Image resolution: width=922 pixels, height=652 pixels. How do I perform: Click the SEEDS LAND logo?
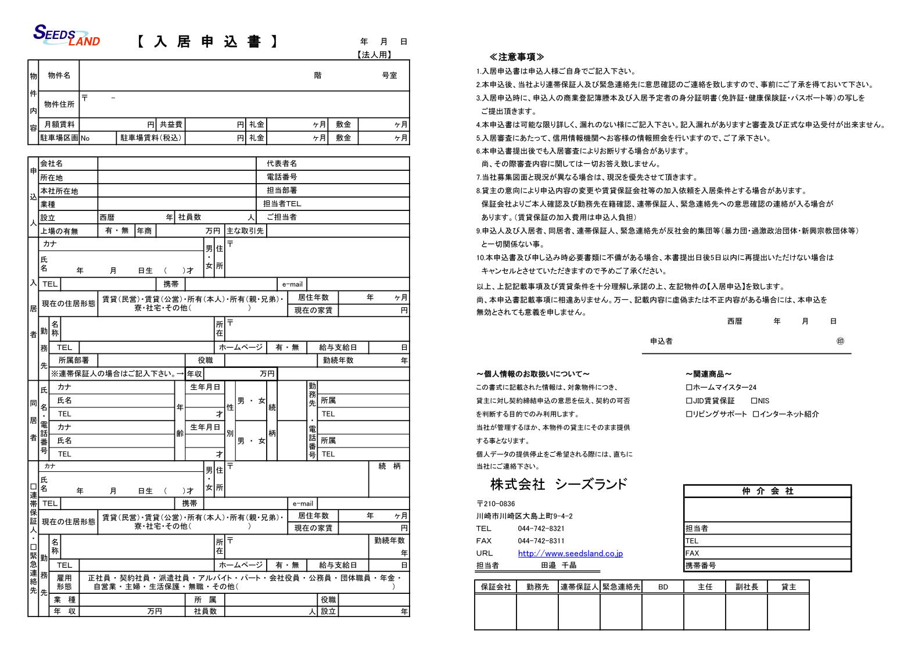(66, 35)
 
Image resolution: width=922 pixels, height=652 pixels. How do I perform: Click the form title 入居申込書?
(207, 42)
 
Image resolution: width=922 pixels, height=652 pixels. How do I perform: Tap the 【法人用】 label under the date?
(374, 55)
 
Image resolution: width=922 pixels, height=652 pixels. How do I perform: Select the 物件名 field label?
(59, 76)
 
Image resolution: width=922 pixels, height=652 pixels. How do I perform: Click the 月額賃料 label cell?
(59, 124)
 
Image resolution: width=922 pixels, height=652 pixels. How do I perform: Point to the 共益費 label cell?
(171, 124)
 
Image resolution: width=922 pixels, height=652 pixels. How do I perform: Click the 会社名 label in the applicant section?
(52, 164)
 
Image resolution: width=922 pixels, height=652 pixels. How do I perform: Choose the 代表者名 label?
(282, 164)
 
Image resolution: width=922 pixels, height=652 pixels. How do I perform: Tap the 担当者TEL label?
(282, 204)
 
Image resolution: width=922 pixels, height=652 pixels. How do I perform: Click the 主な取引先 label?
(245, 231)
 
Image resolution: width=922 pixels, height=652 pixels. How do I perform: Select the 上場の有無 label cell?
(59, 231)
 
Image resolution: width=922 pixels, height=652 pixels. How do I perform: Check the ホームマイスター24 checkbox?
(689, 388)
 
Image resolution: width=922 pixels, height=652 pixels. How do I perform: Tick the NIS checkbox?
(754, 401)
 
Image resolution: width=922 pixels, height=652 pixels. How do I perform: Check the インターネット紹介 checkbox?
(755, 414)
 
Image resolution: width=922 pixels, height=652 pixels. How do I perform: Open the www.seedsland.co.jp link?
(570, 554)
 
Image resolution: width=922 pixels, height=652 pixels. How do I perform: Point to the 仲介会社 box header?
(767, 492)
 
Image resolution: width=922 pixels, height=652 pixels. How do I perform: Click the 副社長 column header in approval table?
(747, 587)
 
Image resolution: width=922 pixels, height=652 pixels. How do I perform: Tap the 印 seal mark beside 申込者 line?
(840, 341)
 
